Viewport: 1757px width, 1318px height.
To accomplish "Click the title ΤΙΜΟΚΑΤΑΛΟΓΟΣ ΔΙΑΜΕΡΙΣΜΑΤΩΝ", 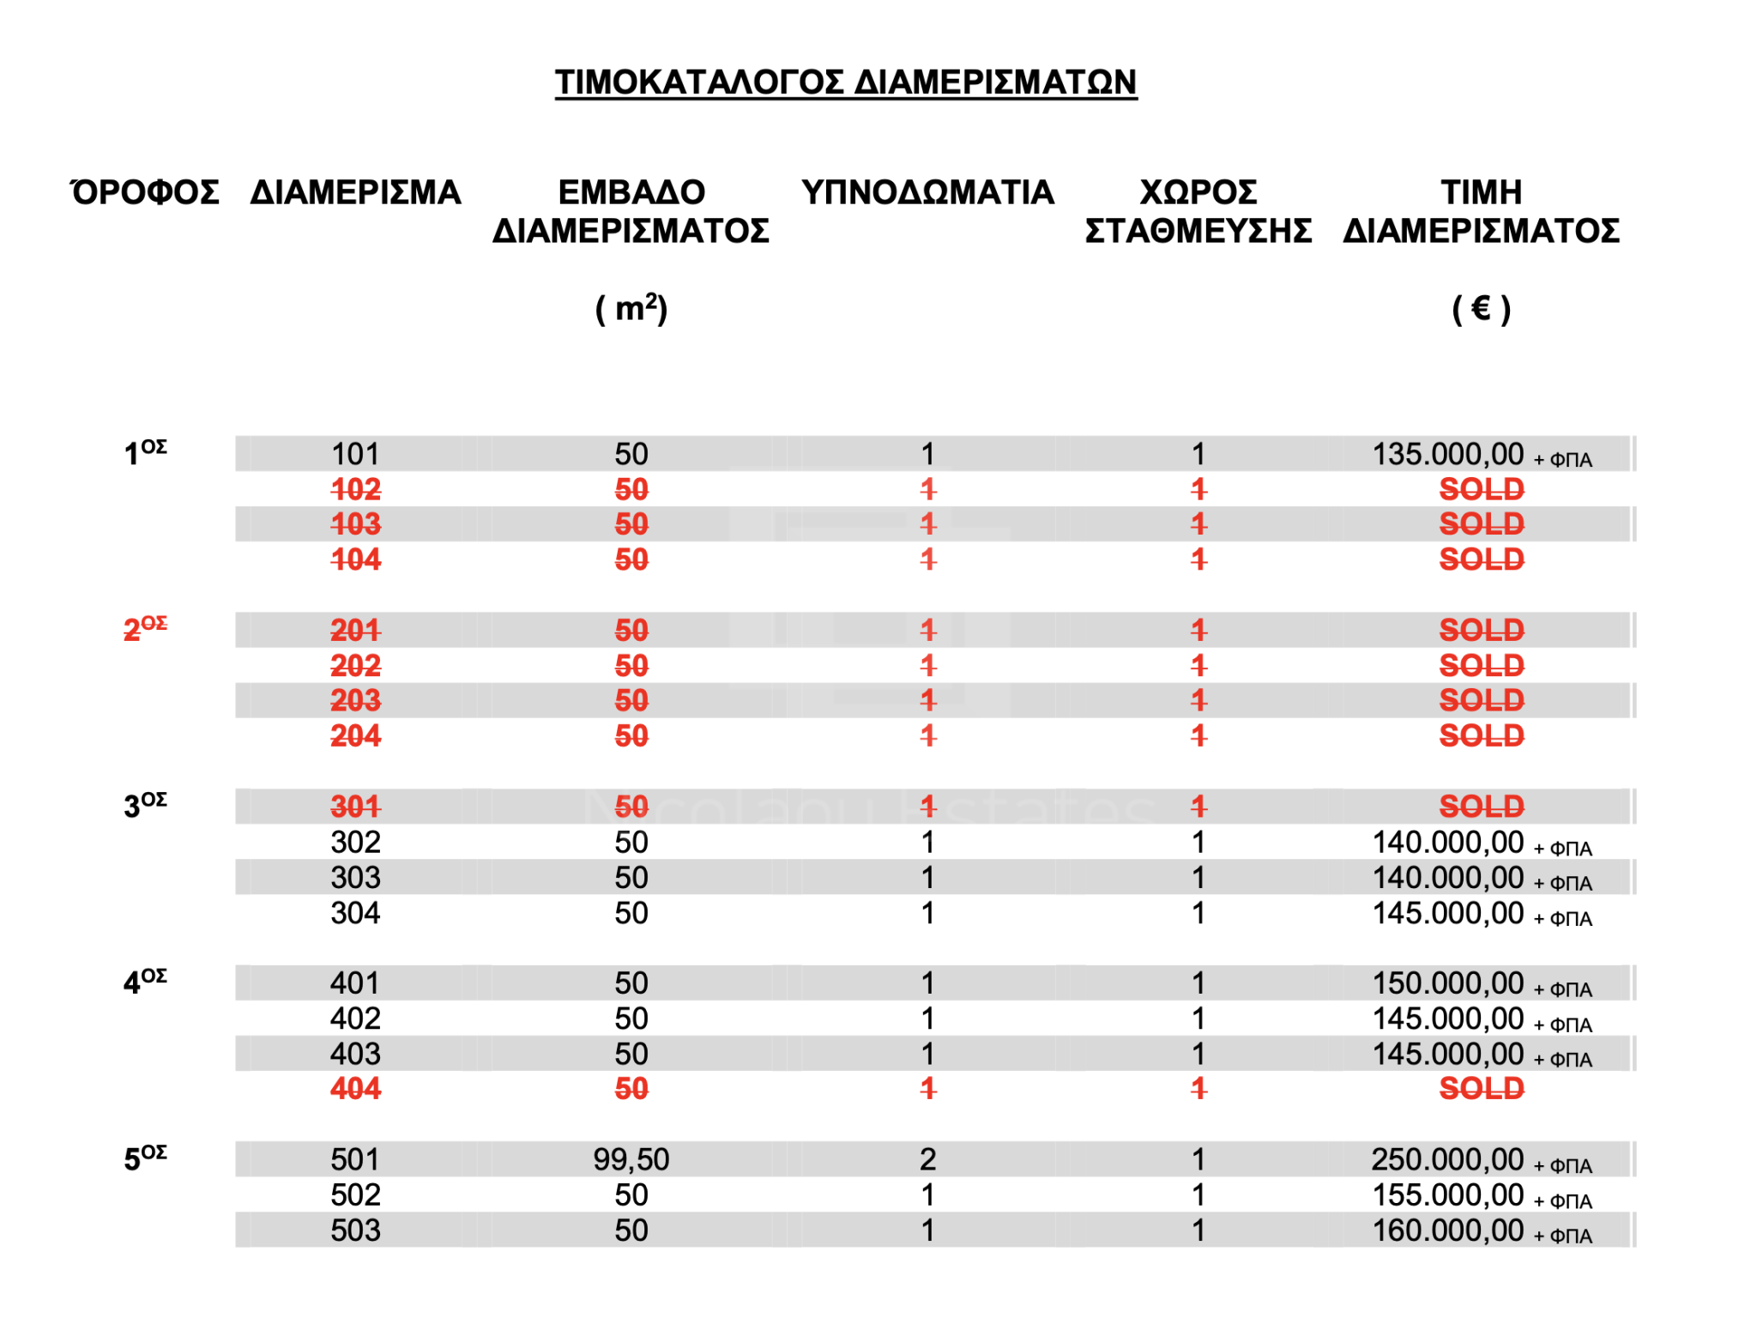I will coord(845,82).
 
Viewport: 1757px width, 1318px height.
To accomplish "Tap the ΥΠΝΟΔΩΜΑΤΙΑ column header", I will coord(927,192).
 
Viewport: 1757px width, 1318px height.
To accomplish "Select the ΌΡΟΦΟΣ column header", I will coord(145,192).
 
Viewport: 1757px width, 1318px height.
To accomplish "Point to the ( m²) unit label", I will coord(631,308).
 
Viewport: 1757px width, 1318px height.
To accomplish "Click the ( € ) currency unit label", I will coord(1481,308).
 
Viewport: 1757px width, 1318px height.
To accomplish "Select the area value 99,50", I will coord(631,1159).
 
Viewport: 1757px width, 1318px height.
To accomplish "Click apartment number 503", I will coord(355,1230).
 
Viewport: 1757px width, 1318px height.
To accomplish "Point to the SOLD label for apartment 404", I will coord(1481,1088).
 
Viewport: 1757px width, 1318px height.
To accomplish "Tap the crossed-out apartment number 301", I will coord(355,806).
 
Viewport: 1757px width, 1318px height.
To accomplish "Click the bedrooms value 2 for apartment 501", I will coord(927,1159).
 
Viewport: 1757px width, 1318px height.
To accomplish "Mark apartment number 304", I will coord(355,912).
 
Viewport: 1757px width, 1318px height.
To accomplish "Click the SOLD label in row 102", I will coord(1481,489).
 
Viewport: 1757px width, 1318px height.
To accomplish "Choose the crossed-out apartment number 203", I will coord(355,700).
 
